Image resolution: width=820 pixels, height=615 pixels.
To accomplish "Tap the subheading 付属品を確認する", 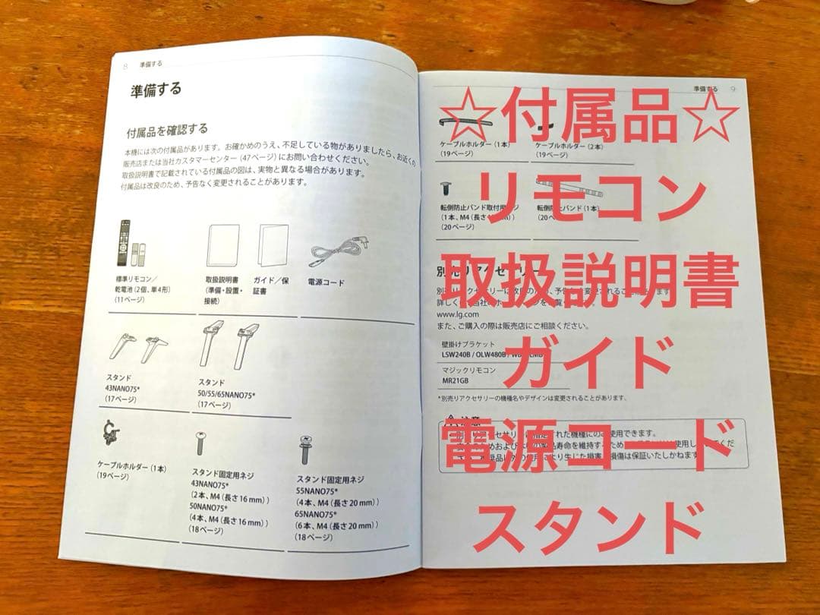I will tap(167, 129).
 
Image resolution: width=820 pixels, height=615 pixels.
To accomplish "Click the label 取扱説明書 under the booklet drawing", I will tap(223, 279).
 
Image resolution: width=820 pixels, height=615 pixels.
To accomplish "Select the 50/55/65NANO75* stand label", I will tap(228, 395).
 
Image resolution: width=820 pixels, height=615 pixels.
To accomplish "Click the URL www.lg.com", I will tap(458, 313).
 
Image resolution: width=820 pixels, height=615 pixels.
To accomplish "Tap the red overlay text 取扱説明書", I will tap(590, 281).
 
